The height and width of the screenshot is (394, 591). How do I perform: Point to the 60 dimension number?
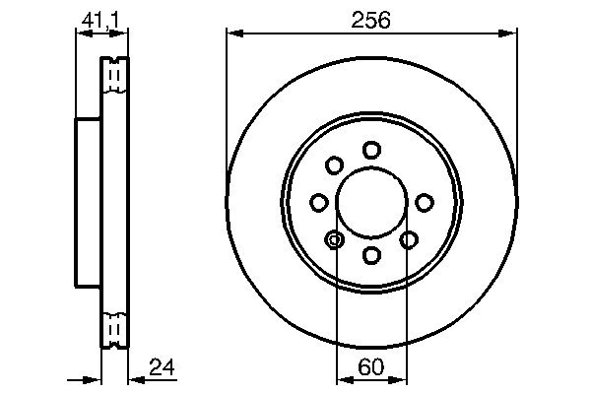click(x=370, y=368)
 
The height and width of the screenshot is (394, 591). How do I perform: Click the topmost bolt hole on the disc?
click(x=371, y=150)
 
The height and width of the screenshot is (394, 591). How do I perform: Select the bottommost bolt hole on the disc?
click(x=371, y=255)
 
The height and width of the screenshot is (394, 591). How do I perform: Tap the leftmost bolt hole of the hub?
click(x=318, y=202)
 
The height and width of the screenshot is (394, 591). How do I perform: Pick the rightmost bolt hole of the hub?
click(x=425, y=202)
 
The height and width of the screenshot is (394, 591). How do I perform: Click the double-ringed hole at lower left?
click(x=334, y=239)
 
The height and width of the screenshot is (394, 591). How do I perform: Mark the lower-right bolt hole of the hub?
click(x=409, y=239)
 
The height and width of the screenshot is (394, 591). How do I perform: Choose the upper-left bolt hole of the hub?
click(x=334, y=164)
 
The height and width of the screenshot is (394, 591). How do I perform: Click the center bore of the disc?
click(x=371, y=202)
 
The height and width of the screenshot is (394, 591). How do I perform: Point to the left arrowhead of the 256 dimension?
click(x=232, y=33)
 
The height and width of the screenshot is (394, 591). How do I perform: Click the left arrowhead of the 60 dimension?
click(x=341, y=378)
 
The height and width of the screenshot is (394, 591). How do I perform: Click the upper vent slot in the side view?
click(x=115, y=75)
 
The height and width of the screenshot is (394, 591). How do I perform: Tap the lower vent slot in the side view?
click(x=115, y=328)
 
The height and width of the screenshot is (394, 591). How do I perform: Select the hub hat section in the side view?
click(x=88, y=202)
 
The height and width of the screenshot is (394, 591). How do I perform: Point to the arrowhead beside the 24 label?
click(x=134, y=378)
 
